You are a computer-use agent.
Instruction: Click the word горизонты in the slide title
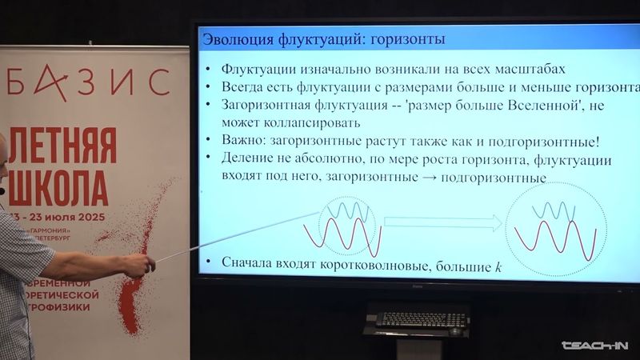tap(407, 38)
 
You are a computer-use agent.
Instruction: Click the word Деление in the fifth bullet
tap(249, 160)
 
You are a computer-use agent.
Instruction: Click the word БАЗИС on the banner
tap(88, 80)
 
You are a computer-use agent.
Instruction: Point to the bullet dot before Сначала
tap(208, 263)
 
